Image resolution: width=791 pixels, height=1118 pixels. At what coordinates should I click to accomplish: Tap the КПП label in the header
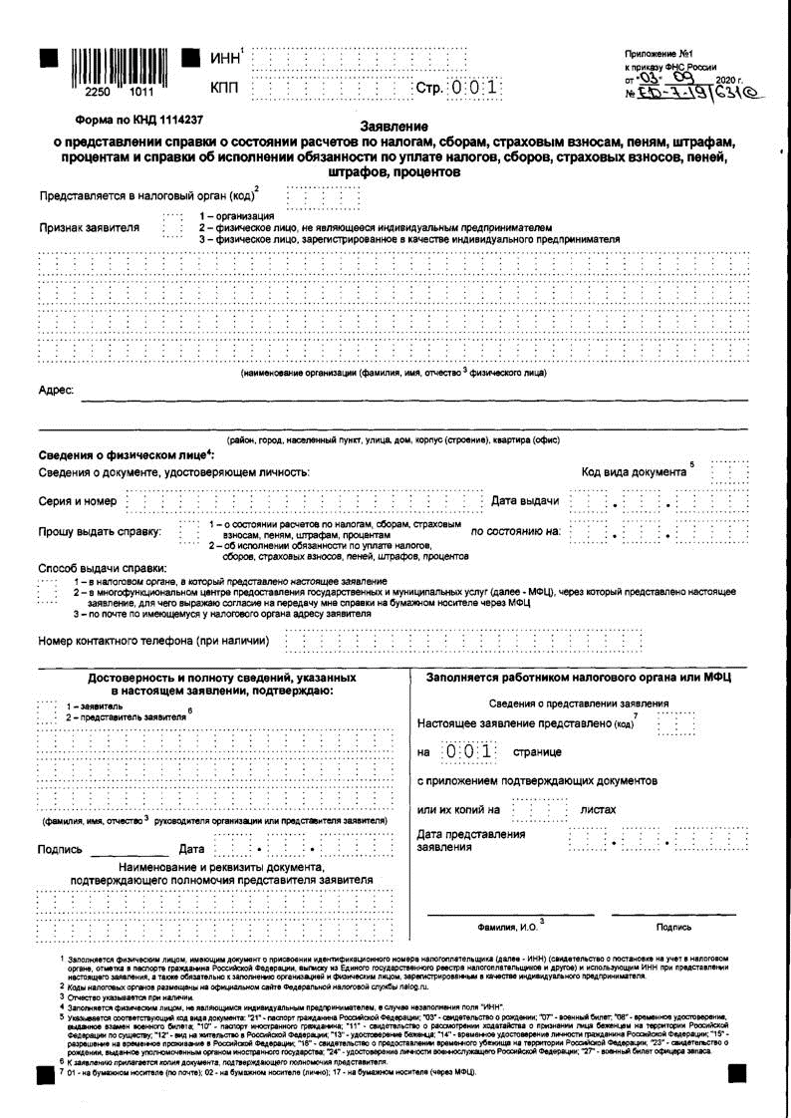click(x=225, y=89)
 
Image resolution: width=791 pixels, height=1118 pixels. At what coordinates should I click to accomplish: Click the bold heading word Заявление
click(x=394, y=127)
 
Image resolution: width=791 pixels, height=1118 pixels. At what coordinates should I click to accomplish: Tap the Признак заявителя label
click(x=89, y=227)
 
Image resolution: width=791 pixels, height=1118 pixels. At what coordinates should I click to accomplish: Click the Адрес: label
click(x=56, y=391)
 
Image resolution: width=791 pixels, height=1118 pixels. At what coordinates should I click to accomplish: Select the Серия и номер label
click(x=78, y=501)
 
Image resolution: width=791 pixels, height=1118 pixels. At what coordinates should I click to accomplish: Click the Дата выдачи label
click(x=526, y=500)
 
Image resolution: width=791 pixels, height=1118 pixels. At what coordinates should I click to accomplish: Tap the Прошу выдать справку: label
click(x=100, y=531)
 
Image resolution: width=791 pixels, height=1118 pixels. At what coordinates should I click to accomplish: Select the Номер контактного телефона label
click(x=154, y=640)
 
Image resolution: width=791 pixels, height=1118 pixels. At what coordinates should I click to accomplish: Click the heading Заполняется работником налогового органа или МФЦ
click(x=579, y=678)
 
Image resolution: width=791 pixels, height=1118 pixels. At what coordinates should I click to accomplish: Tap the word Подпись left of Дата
click(x=60, y=850)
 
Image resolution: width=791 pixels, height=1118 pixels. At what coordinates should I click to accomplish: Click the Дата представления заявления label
click(x=470, y=840)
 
